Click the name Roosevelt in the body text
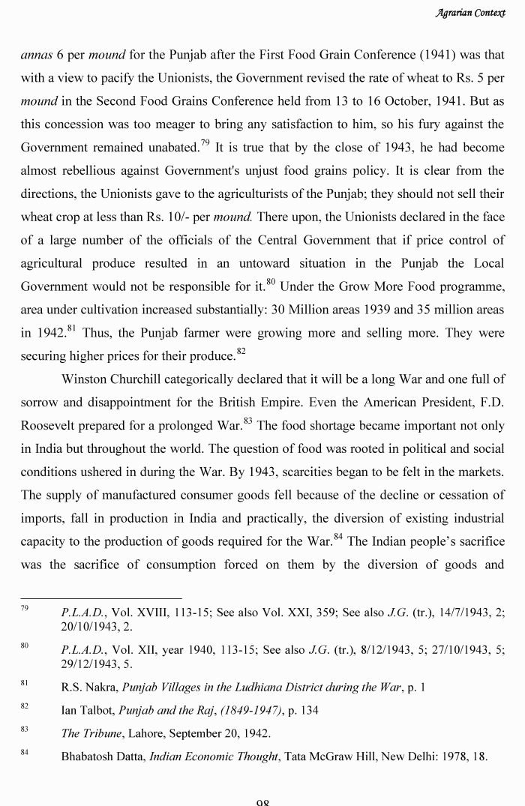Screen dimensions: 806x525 point(49,426)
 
